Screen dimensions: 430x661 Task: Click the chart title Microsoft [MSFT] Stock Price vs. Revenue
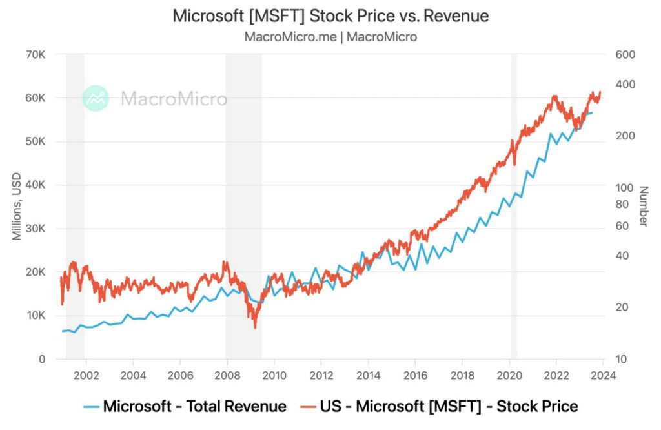(330, 16)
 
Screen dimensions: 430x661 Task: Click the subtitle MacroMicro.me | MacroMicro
(330, 37)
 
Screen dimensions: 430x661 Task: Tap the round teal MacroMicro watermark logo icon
(96, 98)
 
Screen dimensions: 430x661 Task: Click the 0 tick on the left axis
(42, 359)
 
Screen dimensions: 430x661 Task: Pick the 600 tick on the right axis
(625, 54)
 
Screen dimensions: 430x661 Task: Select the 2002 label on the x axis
(86, 374)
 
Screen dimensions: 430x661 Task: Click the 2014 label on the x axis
(368, 374)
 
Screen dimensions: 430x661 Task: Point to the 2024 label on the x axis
(603, 374)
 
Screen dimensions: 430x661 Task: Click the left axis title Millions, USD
(17, 207)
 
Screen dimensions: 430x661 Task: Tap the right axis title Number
(643, 207)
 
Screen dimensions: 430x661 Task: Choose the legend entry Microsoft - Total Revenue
(194, 406)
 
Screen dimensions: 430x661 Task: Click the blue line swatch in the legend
(91, 407)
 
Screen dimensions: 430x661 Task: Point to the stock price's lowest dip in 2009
(255, 327)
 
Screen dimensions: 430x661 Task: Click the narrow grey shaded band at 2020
(514, 207)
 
